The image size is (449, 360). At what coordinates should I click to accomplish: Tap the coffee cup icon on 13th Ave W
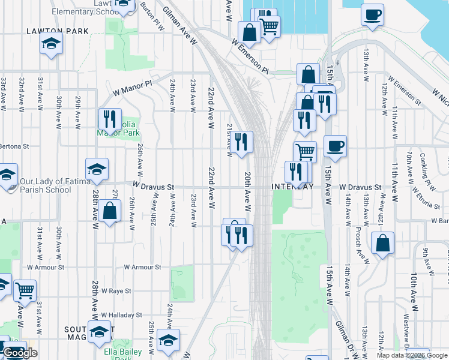(x=372, y=14)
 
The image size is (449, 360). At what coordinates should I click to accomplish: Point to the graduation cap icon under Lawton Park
(x=52, y=43)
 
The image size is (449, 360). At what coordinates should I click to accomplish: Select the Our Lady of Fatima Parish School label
(x=46, y=185)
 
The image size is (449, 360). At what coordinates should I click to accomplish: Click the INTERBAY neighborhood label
(x=292, y=187)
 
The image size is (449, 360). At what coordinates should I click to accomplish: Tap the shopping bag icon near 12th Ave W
(x=382, y=242)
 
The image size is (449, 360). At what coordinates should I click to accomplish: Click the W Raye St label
(x=116, y=290)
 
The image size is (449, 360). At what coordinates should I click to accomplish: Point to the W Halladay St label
(x=121, y=314)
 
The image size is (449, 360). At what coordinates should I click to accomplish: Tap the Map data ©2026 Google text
(x=412, y=355)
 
